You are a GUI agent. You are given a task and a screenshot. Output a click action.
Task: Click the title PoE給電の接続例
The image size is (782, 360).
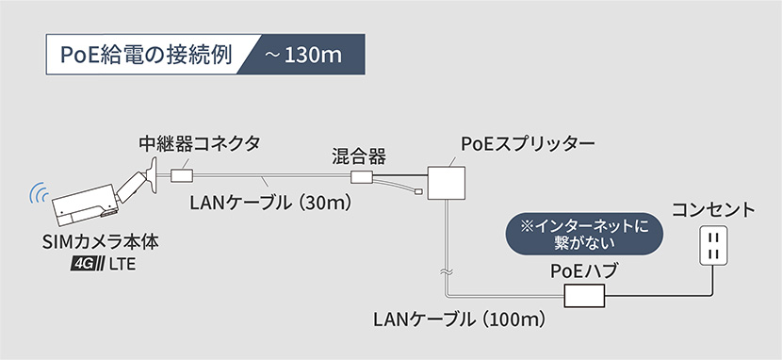coord(141,55)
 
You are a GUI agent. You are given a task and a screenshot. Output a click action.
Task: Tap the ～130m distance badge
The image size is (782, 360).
coord(301,55)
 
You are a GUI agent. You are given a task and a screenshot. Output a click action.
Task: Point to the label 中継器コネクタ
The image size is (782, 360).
coord(199,143)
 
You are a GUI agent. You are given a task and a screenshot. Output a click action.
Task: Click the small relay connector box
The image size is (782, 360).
coord(183,174)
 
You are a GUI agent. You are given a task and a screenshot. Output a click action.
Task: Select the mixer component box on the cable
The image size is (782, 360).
coord(360,177)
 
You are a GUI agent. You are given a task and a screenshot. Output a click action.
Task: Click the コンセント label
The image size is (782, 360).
coord(713,208)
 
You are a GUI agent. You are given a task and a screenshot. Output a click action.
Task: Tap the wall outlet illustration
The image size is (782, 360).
coord(712,247)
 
